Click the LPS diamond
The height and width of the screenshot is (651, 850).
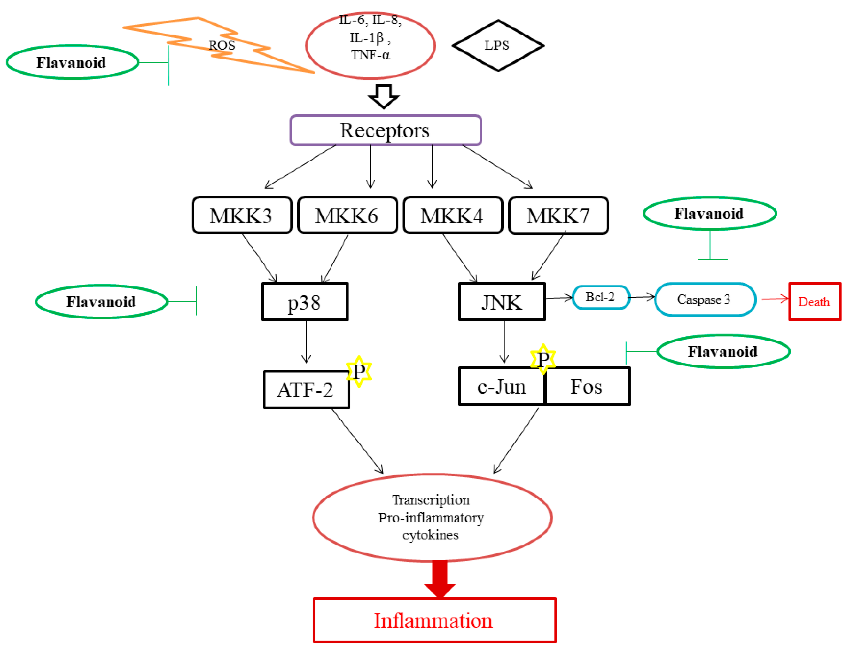click(497, 46)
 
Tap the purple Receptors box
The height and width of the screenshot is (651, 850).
click(386, 130)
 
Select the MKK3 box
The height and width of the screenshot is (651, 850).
click(242, 216)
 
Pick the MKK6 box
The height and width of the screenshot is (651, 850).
click(347, 216)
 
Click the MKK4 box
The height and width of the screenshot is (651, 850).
click(453, 216)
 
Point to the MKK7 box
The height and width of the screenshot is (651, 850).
click(558, 216)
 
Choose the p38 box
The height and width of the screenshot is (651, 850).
click(305, 302)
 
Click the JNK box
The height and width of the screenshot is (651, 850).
click(502, 302)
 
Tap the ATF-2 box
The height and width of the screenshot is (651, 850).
click(306, 389)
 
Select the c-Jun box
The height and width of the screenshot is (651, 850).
click(502, 386)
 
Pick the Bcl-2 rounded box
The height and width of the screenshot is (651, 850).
click(601, 297)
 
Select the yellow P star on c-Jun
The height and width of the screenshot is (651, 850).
click(543, 359)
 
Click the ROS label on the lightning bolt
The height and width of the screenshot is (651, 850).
click(222, 45)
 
